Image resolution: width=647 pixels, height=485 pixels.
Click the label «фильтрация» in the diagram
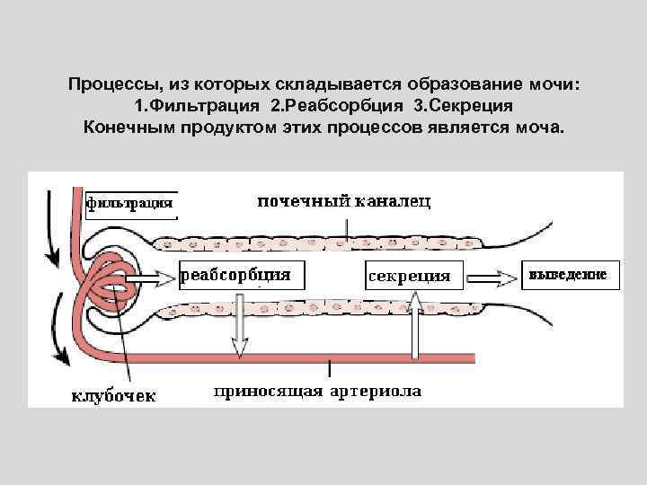129,202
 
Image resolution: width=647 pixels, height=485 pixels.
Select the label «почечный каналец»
344,201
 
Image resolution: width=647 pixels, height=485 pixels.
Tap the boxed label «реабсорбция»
236,275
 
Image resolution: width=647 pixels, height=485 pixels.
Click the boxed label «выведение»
569,274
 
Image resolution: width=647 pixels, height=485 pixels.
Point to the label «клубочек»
113,394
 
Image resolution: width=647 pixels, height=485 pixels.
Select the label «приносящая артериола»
317,392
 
